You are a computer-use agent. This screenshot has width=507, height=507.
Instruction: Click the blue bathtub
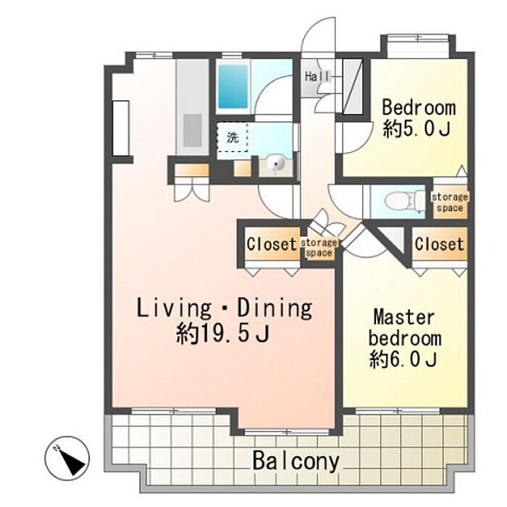click(233, 86)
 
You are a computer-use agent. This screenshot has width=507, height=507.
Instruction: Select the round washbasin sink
click(276, 163)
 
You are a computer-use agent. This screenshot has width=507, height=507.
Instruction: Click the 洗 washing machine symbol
click(232, 138)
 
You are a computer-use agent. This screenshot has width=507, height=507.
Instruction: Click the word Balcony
click(296, 461)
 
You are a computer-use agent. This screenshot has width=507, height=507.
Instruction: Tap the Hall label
click(317, 77)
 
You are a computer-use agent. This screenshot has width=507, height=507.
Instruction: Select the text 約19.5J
click(223, 334)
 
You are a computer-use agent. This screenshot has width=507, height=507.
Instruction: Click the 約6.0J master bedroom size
click(403, 359)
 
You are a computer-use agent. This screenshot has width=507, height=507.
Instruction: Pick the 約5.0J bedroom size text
click(417, 130)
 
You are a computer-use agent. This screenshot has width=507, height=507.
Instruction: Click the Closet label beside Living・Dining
click(272, 244)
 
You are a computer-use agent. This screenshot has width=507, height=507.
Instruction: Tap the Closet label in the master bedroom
click(440, 244)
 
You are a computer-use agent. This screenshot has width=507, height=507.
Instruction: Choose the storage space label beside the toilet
click(450, 202)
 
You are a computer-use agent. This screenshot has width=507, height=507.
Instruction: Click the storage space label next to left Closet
click(319, 248)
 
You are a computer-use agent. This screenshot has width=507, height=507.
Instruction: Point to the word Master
click(404, 317)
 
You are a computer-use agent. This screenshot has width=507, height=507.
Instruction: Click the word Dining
click(275, 309)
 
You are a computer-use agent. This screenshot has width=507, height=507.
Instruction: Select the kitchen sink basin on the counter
click(193, 130)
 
